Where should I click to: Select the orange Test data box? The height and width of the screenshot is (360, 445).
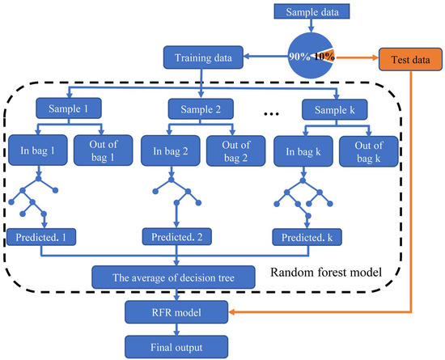[x=408, y=57]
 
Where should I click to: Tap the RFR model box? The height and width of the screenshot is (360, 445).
[x=175, y=311]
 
